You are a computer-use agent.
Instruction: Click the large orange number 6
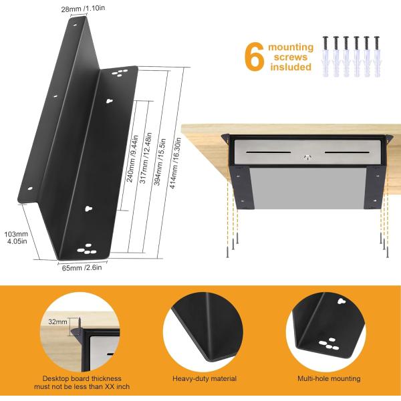point(255,57)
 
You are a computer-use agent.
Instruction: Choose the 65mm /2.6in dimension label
point(82,267)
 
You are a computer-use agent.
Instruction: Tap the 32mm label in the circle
point(59,321)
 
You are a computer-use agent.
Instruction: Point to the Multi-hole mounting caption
point(328,379)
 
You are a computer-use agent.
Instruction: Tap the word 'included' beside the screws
point(291,68)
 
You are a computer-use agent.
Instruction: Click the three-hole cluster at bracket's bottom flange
point(86,249)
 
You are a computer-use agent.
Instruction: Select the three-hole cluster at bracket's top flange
point(120,71)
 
